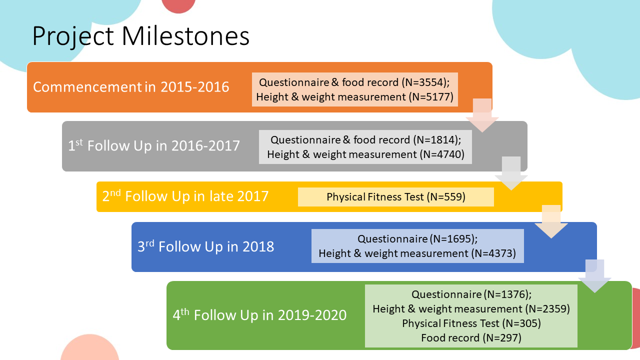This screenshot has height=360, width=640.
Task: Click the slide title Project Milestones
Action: tap(141, 36)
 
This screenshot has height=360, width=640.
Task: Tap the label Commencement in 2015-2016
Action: tap(131, 87)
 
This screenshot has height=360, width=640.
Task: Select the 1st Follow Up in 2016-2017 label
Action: tap(153, 145)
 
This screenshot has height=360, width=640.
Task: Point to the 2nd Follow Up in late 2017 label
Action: tap(185, 196)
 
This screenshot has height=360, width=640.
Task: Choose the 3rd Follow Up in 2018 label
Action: tap(205, 246)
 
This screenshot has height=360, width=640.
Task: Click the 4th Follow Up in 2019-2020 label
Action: tap(259, 315)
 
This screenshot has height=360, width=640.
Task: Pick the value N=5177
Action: tap(431, 97)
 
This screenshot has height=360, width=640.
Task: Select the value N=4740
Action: tap(442, 154)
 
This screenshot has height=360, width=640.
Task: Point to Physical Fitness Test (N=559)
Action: tap(396, 197)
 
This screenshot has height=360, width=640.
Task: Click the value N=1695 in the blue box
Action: tap(452, 239)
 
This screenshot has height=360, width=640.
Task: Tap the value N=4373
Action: tap(493, 253)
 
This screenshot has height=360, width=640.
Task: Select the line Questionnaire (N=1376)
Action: tap(471, 294)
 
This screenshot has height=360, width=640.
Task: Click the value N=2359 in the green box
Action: tap(547, 309)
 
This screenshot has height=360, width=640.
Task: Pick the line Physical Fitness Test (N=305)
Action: tap(471, 323)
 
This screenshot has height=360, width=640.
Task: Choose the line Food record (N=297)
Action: tap(471, 338)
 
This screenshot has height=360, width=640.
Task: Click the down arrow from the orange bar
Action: tap(482, 115)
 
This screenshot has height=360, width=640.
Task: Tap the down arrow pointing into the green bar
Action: tap(595, 276)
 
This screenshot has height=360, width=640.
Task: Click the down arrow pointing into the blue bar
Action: tap(551, 221)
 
